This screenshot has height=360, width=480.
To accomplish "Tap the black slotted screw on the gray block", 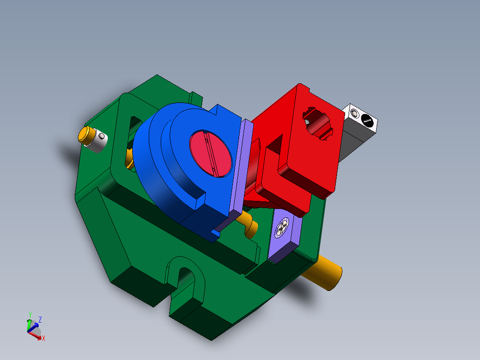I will pos(366,119).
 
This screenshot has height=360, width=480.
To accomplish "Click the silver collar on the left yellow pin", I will pos(98,141).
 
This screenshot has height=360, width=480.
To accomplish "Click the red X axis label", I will pos(44,339).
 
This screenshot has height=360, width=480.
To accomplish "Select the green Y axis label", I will pos(30,315).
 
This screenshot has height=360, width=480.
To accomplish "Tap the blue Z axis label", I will pos(40,319).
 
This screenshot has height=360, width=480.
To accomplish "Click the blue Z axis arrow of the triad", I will pos(34,324).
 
